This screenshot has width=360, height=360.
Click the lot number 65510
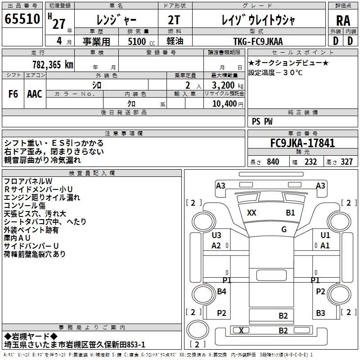[x=22, y=19]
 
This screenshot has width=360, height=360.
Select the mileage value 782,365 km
[x=53, y=65]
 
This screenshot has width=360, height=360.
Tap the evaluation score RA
[x=343, y=21]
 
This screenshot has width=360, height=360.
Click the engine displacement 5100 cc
[x=141, y=41]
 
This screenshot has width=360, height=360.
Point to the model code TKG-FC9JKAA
[x=258, y=41]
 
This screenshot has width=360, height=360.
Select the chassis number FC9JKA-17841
[x=302, y=143]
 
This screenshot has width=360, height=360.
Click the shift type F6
[x=13, y=94]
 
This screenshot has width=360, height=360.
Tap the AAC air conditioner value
[x=35, y=94]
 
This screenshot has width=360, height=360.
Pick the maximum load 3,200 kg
[x=228, y=85]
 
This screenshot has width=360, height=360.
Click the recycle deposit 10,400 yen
[x=228, y=104]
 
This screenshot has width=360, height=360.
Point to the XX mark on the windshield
[x=252, y=212]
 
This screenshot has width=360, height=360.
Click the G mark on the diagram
[x=284, y=229]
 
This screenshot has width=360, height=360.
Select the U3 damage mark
[x=216, y=235]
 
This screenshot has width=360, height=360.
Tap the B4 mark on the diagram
[x=221, y=291]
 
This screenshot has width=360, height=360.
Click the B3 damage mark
[x=320, y=313]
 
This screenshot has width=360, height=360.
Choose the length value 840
[x=273, y=162]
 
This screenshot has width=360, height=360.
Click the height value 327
[x=346, y=162]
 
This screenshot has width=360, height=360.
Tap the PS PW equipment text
[x=262, y=121]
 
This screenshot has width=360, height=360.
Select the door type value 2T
[x=174, y=20]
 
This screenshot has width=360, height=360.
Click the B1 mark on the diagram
[x=290, y=212]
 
